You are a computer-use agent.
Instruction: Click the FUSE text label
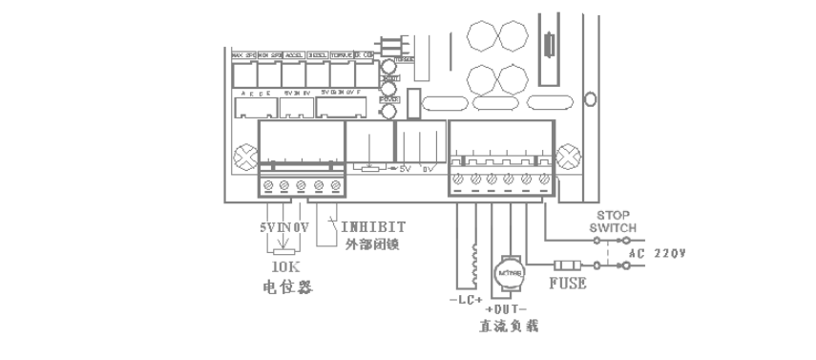pos(567,285)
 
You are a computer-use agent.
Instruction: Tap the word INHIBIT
pos(373,227)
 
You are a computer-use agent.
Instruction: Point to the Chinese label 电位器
pos(285,285)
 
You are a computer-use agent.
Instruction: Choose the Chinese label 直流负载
pos(508,327)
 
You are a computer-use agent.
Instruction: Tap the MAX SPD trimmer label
pos(243,55)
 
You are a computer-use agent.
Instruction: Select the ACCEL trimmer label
pos(293,55)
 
